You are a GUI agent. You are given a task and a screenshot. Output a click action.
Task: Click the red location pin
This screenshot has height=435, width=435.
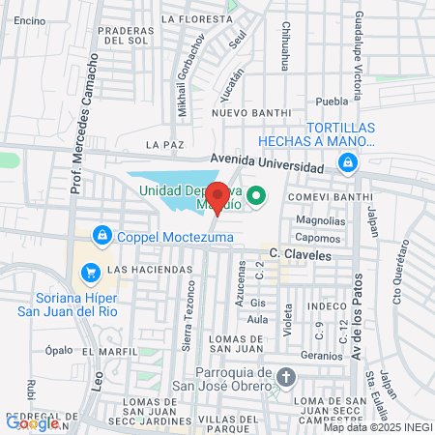click(218, 197)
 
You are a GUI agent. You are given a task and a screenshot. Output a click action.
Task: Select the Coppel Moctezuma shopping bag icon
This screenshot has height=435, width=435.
click(101, 235)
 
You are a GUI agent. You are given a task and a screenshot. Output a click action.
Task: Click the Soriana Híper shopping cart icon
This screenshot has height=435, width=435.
click(90, 273)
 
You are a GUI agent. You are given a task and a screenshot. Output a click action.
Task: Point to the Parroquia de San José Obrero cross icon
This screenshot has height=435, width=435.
click(285, 375)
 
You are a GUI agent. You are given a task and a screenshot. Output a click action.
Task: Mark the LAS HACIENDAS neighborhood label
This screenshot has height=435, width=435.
click(143, 269)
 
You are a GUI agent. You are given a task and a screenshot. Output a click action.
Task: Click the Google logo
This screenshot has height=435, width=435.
click(32, 422)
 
